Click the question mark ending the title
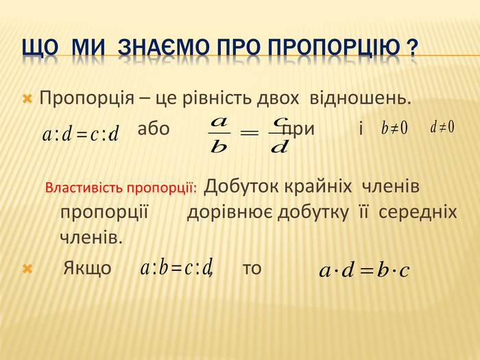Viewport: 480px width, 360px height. [412, 48]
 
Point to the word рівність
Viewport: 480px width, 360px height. [217, 98]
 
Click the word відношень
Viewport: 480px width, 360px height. [360, 98]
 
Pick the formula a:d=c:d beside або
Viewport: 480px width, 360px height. [80, 134]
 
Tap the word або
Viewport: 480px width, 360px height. [154, 128]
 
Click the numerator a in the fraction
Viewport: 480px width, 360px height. [219, 123]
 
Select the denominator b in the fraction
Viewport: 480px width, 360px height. [219, 147]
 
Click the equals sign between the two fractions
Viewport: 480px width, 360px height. [249, 133]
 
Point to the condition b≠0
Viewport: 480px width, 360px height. [394, 128]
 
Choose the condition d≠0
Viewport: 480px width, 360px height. [442, 127]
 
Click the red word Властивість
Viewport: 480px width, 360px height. [84, 188]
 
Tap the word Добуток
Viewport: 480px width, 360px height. [241, 186]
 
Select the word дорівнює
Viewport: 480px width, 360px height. [230, 212]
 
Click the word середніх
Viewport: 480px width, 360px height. [418, 212]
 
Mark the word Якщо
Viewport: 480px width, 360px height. [87, 268]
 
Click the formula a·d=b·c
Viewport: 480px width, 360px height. [364, 270]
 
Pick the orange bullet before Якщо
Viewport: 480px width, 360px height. [27, 269]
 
